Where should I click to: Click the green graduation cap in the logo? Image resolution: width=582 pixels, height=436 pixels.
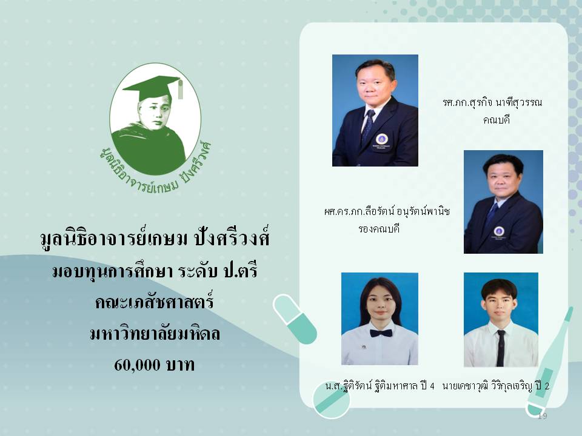(152, 86)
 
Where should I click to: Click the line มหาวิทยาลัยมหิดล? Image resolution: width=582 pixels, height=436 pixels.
(155, 333)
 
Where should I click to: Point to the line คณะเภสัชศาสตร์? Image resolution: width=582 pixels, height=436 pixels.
(155, 302)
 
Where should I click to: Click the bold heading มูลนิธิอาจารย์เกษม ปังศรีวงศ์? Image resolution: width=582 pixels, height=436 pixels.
(155, 237)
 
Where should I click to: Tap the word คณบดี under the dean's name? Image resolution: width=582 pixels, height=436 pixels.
(497, 120)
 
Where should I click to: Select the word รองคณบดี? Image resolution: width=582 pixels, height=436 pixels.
(379, 229)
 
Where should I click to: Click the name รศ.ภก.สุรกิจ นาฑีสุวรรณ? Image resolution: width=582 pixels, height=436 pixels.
(492, 102)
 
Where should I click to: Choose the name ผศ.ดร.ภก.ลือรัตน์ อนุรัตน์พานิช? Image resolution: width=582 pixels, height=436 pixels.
(387, 212)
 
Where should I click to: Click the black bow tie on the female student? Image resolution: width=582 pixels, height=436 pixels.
(381, 333)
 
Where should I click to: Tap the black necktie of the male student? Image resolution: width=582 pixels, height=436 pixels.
(501, 348)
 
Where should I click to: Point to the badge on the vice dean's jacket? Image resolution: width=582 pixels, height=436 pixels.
(499, 231)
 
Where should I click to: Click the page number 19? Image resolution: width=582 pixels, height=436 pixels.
(542, 416)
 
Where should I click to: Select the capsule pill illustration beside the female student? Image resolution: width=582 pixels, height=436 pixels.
(295, 319)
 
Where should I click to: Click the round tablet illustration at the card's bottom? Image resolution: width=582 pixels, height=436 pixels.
(332, 400)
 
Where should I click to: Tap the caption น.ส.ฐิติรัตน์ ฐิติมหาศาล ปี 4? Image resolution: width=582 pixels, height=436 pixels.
(380, 386)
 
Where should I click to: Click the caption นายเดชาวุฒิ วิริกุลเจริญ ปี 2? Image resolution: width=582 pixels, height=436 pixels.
(496, 386)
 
